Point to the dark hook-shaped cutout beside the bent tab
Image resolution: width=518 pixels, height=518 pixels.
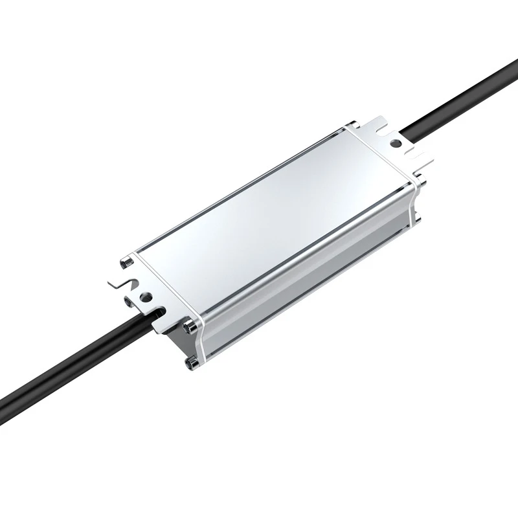(133, 282)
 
